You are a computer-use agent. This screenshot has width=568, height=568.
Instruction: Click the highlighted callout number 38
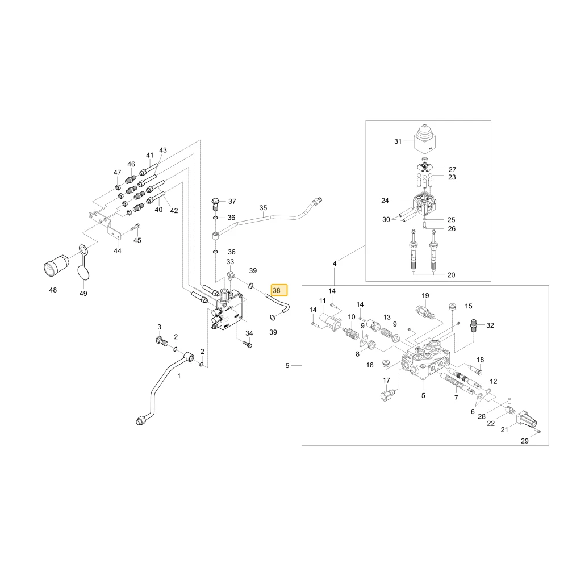[x=277, y=290]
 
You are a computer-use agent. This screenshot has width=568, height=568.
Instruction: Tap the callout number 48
[x=53, y=290]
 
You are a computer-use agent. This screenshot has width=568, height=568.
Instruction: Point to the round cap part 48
[x=56, y=265]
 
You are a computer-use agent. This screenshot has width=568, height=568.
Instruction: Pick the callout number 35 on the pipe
[x=264, y=208]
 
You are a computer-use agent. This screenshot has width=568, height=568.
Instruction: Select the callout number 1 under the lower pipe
[x=179, y=376]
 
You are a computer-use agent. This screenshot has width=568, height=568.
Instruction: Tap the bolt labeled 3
[x=160, y=340]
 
